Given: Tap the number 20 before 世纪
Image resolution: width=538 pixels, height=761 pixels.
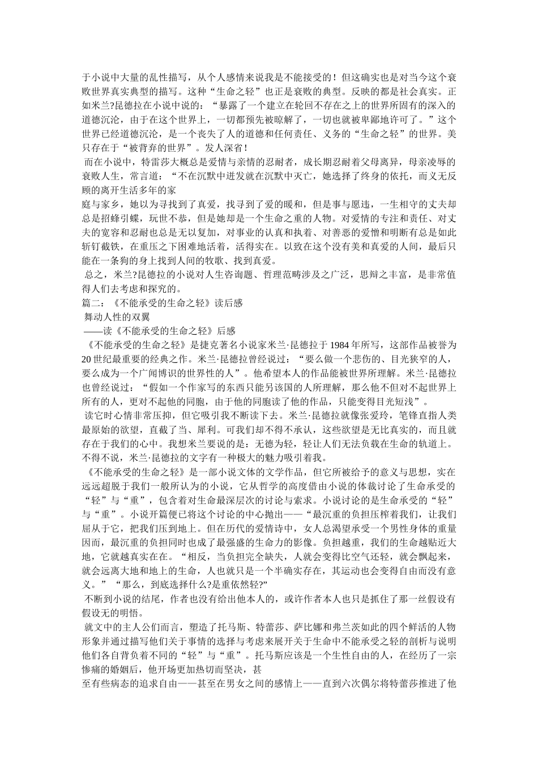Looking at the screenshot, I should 87,359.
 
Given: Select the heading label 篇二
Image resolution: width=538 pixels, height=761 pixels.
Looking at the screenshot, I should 91,303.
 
